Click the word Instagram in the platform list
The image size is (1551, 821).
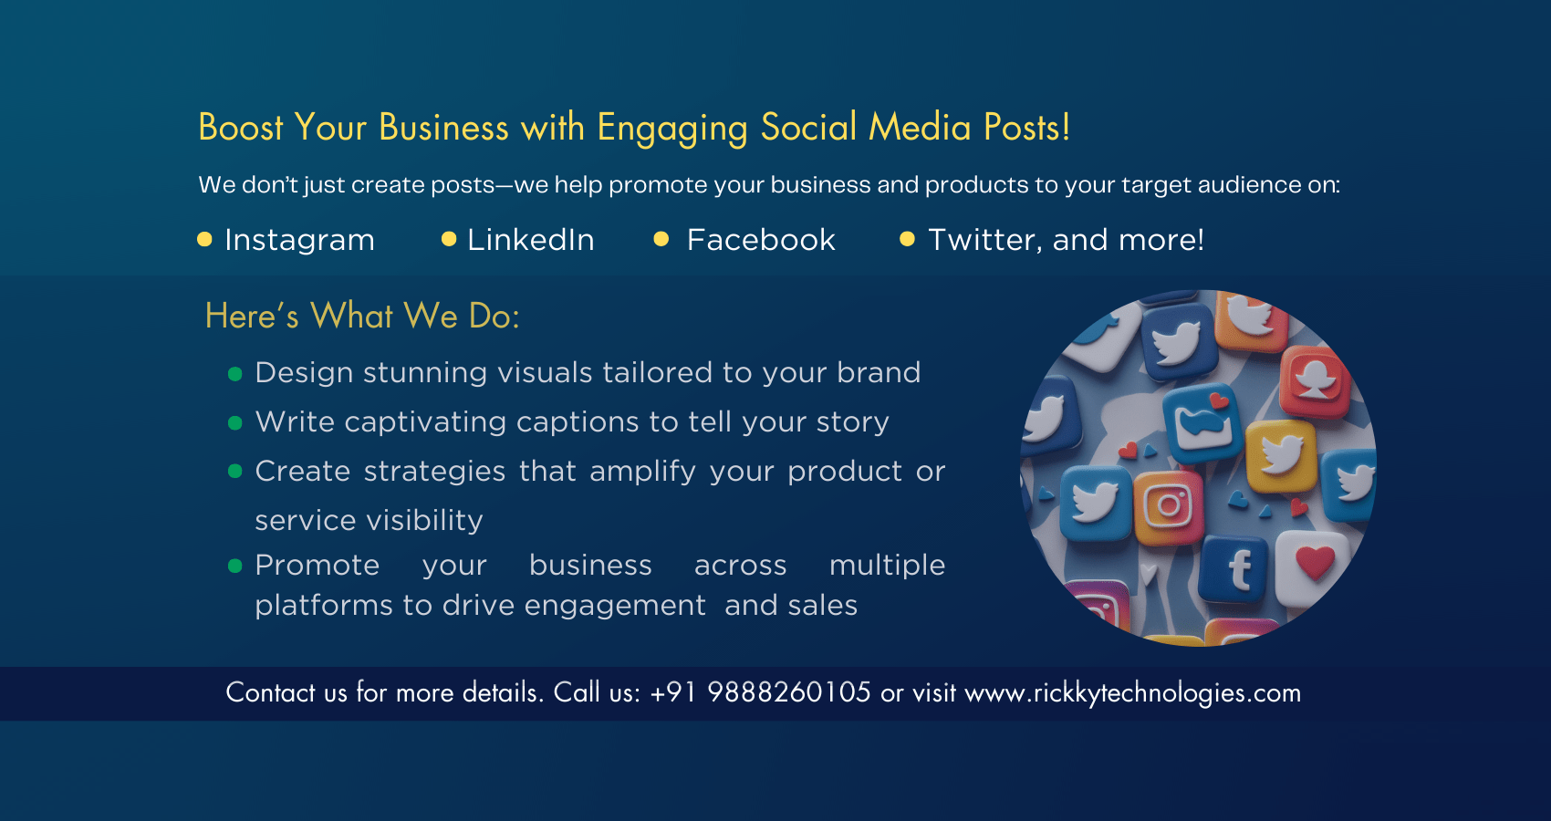[x=299, y=241]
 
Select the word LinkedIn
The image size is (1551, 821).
[x=531, y=240]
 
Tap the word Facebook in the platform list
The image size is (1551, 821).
[x=761, y=240]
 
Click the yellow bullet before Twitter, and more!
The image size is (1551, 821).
[x=907, y=239]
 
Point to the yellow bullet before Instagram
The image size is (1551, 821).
[x=204, y=239]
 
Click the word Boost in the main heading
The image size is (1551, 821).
[x=241, y=128]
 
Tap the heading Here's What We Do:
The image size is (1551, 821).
[x=362, y=316]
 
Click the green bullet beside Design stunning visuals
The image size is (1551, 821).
[x=235, y=375]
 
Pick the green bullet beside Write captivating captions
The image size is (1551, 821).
[x=235, y=423]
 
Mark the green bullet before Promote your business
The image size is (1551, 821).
[x=235, y=566]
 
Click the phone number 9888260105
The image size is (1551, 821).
[x=789, y=692]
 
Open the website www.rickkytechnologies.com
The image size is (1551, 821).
[x=1133, y=693]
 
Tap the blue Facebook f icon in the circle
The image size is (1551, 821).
[x=1236, y=569]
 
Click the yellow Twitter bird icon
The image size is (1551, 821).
[x=1281, y=455]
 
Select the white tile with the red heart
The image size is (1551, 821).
[x=1312, y=566]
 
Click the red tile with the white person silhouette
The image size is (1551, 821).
[x=1315, y=381]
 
